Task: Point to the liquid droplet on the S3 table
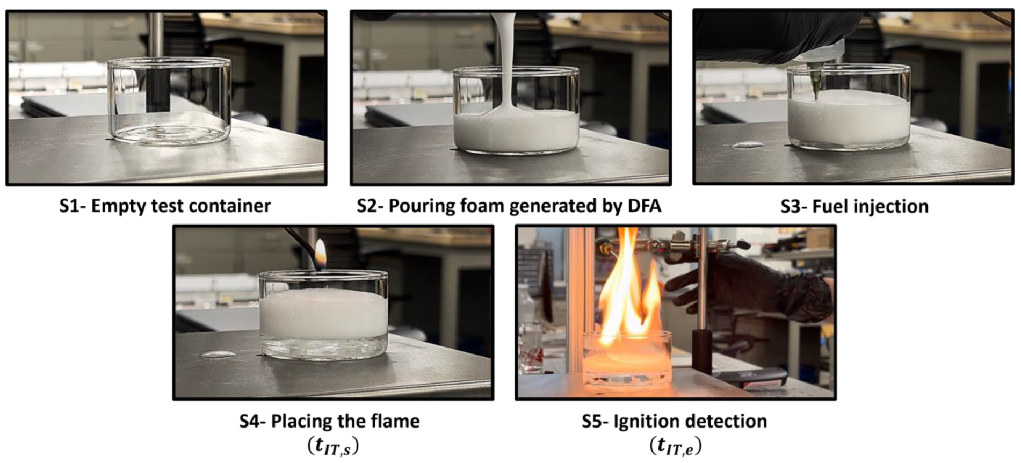click(749, 144)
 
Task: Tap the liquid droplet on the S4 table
click(218, 354)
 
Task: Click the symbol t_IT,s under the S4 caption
click(333, 446)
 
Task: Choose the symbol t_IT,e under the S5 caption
click(676, 446)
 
